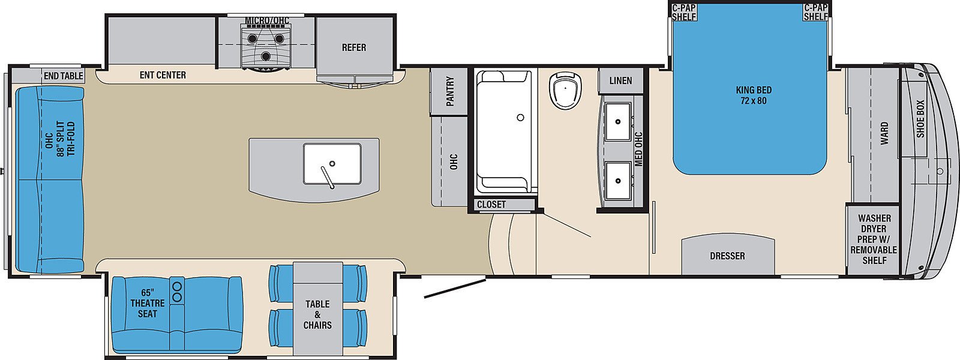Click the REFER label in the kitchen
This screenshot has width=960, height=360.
point(354,47)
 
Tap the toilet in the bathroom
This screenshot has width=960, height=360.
point(565,91)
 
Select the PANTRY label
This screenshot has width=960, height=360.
point(449,91)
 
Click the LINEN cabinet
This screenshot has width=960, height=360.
point(620,80)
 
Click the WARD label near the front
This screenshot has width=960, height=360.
point(884,133)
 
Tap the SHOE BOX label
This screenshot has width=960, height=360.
point(920,119)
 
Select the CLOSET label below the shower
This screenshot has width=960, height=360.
point(491,205)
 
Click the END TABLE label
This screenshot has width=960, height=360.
point(64,76)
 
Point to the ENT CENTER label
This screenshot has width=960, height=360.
point(163,75)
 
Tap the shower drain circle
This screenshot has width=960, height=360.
point(521,117)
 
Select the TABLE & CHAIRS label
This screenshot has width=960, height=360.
point(317,314)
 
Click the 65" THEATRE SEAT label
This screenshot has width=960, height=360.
point(148,303)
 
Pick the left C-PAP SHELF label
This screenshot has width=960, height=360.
point(684,12)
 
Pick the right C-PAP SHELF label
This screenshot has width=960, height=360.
point(815,12)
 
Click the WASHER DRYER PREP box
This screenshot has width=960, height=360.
point(873,239)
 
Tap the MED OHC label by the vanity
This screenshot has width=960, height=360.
point(638,149)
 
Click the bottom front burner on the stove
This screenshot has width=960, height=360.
point(266,56)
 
